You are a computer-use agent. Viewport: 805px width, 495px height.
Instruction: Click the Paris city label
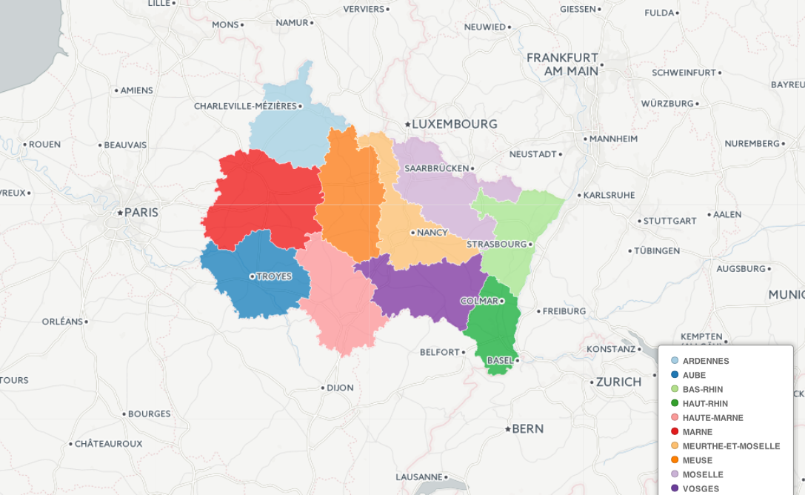(141, 213)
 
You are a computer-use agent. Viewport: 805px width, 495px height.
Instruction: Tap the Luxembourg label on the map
(454, 124)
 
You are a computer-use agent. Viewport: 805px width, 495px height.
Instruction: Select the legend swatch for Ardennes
(675, 361)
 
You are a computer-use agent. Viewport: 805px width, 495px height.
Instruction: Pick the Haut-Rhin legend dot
(675, 403)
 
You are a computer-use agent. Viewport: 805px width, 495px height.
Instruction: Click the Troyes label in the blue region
(274, 276)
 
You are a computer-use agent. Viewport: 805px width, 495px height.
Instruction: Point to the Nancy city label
(432, 233)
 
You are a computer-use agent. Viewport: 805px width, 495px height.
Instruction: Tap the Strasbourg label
(496, 244)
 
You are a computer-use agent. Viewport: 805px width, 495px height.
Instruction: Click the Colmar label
(478, 301)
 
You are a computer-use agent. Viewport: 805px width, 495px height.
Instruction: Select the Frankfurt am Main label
(562, 64)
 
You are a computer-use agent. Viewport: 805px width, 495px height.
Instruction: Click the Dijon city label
(340, 388)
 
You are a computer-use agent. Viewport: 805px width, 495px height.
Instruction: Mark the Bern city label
(527, 429)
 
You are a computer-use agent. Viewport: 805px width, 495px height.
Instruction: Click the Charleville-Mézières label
(245, 106)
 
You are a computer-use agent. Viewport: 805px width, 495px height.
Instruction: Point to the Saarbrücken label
(436, 168)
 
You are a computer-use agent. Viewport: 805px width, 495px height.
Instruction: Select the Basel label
(499, 360)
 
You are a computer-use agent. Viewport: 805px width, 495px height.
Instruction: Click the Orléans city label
(62, 322)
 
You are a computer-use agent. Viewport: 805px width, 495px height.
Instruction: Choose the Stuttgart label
(670, 221)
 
